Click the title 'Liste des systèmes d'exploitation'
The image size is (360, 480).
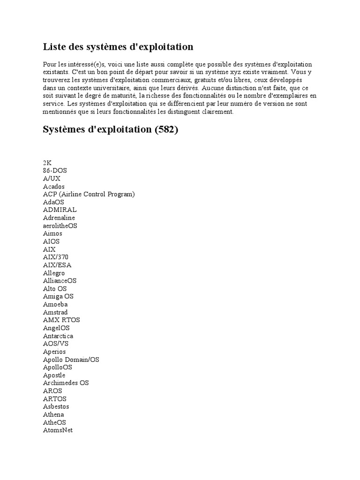(118, 47)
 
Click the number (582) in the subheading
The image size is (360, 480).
(166, 130)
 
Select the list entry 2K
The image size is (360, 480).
(47, 163)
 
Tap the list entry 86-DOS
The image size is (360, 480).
(55, 171)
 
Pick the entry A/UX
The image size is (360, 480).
(52, 179)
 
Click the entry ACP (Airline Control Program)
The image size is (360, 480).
(89, 194)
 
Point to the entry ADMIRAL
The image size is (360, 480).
(60, 210)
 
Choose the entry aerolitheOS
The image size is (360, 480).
(60, 225)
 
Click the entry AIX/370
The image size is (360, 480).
(55, 257)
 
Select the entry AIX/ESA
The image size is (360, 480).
(57, 265)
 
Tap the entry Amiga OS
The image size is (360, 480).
(58, 296)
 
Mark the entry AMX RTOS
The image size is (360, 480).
(61, 320)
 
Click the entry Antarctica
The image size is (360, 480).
(58, 336)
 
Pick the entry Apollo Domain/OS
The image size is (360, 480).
(71, 359)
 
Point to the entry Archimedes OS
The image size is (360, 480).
(66, 382)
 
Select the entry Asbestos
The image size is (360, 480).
(56, 406)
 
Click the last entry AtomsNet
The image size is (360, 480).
(58, 430)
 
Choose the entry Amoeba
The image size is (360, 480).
(55, 304)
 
